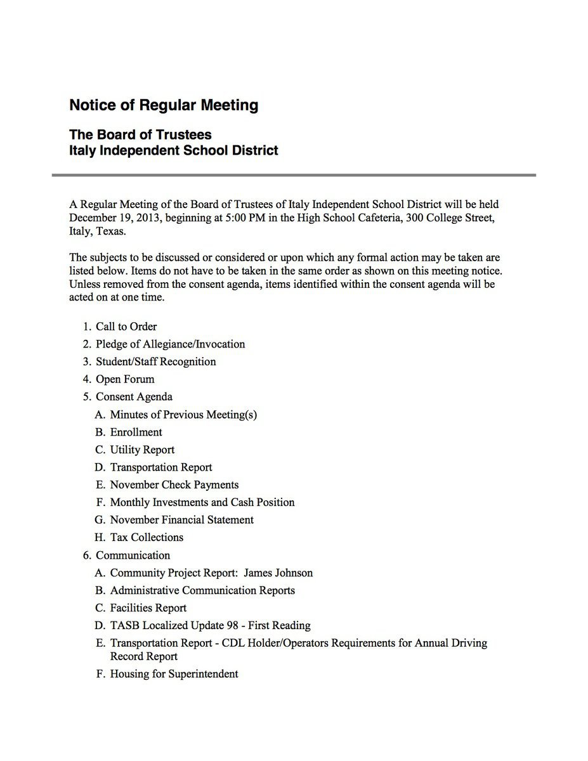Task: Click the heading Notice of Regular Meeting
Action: pos(164,105)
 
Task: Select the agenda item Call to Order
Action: pos(126,327)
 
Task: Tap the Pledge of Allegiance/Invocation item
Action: pos(170,344)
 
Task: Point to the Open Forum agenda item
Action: pos(125,379)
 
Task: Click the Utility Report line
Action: pos(142,450)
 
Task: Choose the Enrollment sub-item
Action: pos(136,433)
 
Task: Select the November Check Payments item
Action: pos(174,485)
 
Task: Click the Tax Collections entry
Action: pos(147,538)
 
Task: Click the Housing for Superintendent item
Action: pos(174,674)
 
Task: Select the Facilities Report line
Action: pos(148,608)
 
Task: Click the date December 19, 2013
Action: pos(112,219)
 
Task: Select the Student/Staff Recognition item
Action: pos(155,362)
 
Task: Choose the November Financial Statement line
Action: pos(181,520)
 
